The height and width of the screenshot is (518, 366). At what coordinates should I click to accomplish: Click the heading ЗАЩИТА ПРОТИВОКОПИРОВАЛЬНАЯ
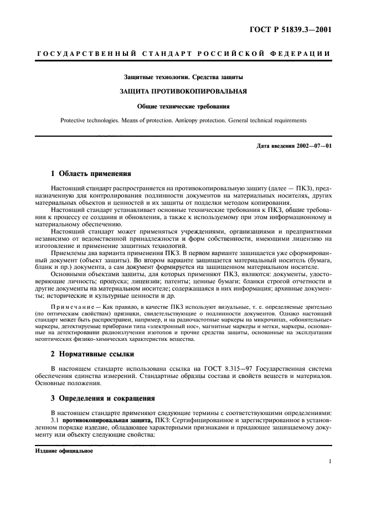(183, 90)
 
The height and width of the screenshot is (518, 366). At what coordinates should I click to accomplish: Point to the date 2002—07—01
(312, 146)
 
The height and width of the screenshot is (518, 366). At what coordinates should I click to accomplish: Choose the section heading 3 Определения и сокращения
(104, 398)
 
